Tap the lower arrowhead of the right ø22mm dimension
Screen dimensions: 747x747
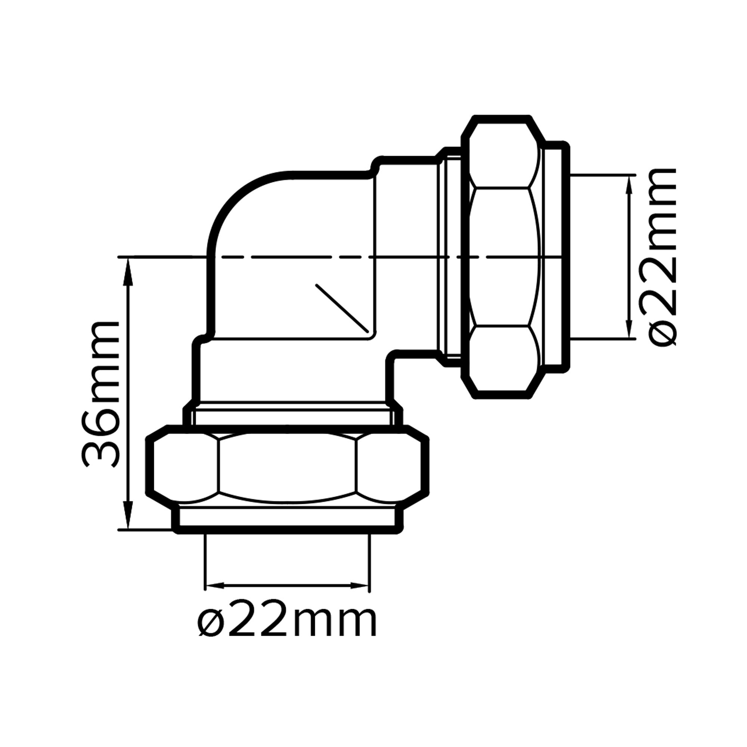click(629, 327)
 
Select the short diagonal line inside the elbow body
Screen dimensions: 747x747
click(341, 308)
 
